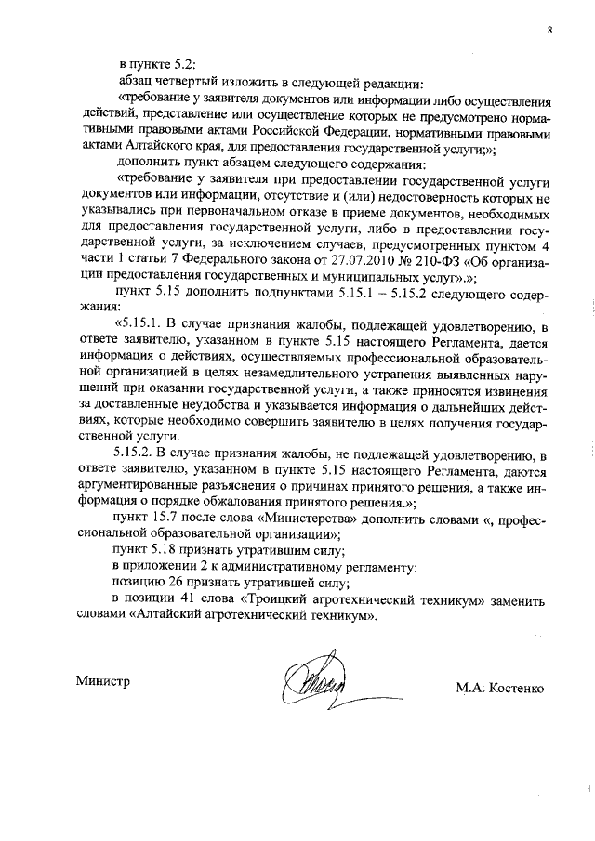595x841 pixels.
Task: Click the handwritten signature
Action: (x=319, y=686)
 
